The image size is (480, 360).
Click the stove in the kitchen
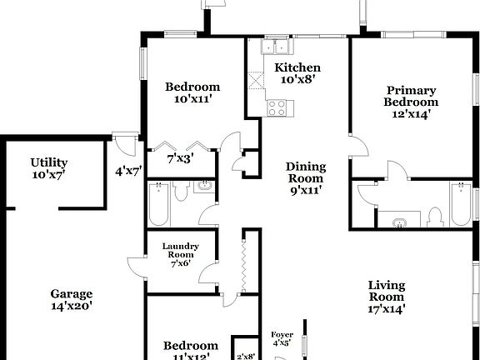pos(277,107)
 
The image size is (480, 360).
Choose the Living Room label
pos(387,297)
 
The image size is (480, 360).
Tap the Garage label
pos(71,300)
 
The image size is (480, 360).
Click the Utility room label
pos(49,168)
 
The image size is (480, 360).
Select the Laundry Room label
pos(179,252)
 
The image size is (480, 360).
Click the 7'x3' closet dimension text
pos(180,157)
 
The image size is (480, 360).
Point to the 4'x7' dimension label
pos(128,172)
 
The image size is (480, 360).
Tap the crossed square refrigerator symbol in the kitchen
pos(255,80)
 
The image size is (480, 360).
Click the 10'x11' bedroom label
pos(192,92)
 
